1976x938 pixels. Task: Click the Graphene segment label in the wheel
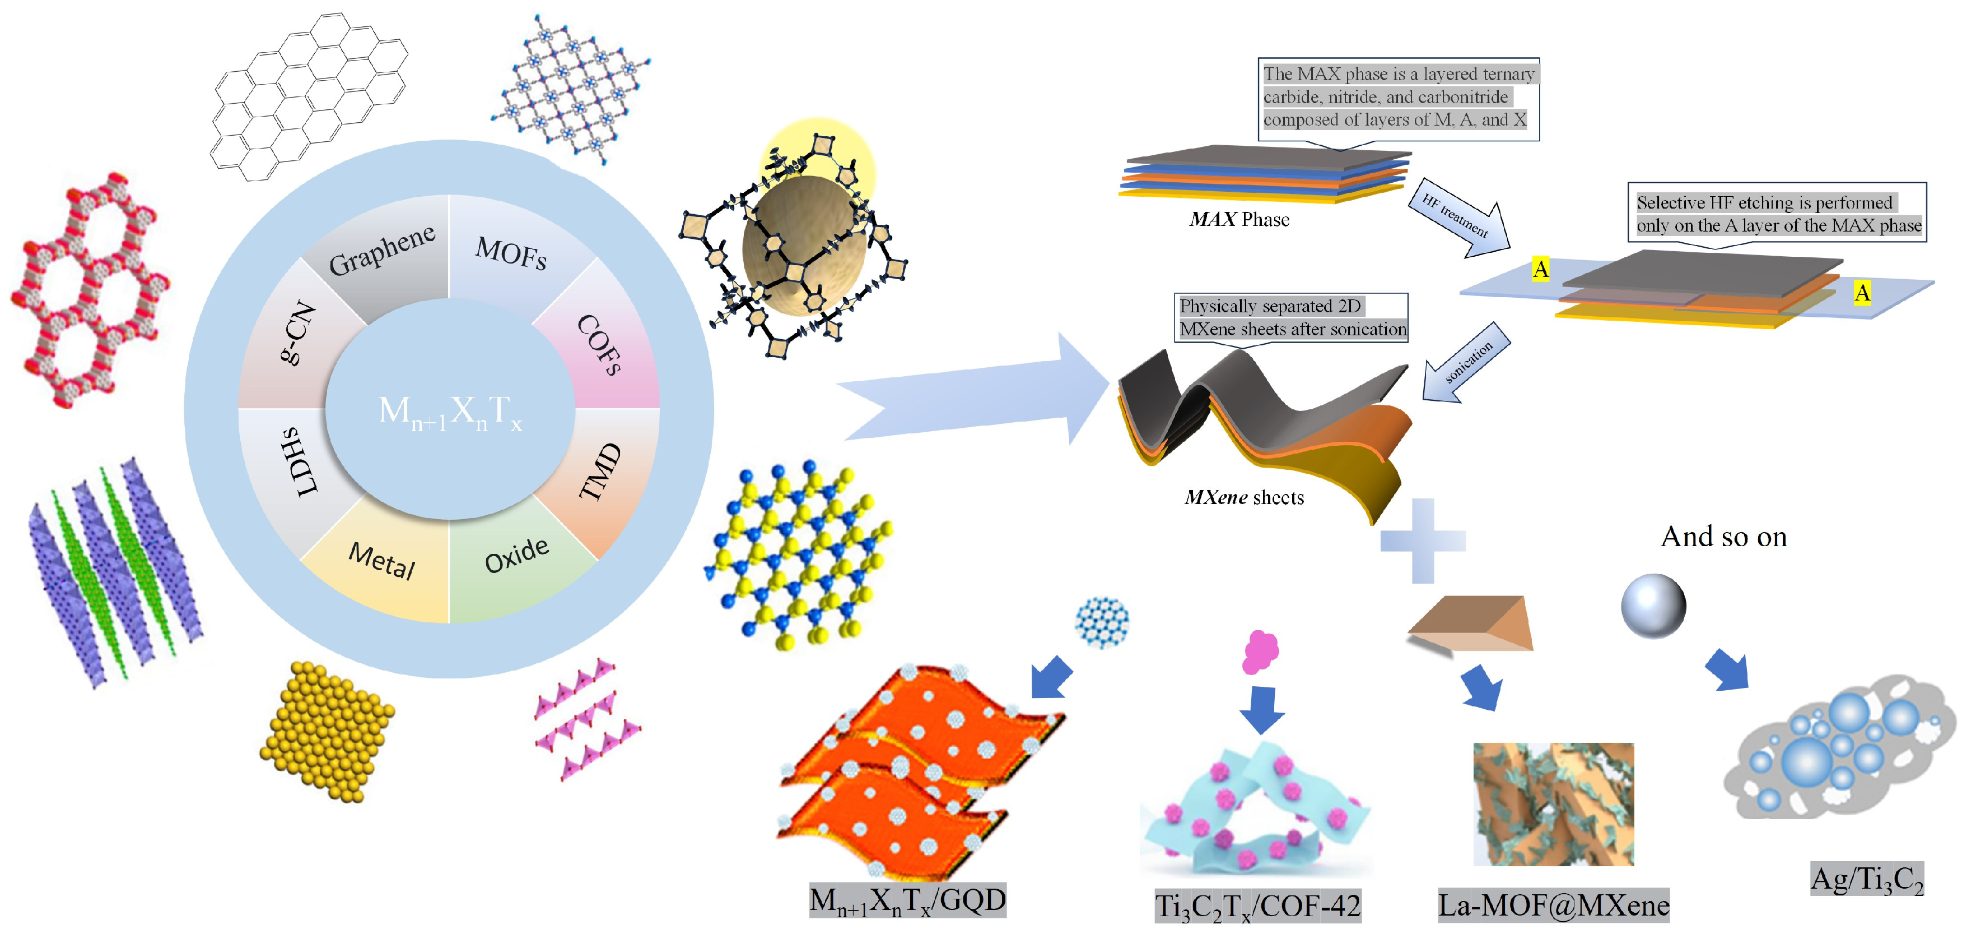pos(381,250)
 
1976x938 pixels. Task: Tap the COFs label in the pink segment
pos(599,345)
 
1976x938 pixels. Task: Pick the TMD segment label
pos(600,472)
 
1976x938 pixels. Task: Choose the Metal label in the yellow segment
pos(381,560)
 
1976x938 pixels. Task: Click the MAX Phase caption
pos(1239,220)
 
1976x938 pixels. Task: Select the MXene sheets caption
pos(1243,497)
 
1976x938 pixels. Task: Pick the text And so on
pos(1723,537)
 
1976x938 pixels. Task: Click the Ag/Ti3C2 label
pos(1867,880)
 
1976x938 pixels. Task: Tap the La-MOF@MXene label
pos(1553,905)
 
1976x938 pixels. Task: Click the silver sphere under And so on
pos(1653,606)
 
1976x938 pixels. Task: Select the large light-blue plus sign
pos(1423,540)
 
